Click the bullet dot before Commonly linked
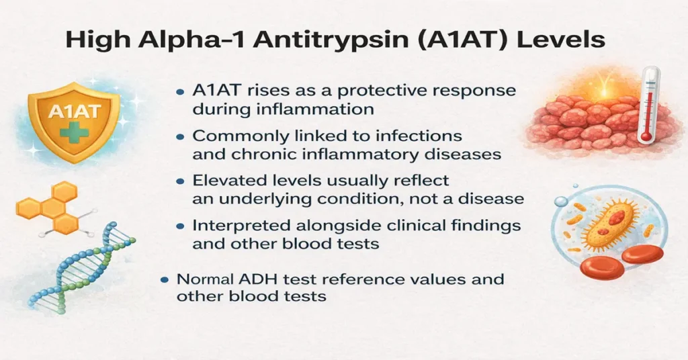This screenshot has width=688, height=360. coord(180,137)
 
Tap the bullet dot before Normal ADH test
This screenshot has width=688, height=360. coord(163,279)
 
